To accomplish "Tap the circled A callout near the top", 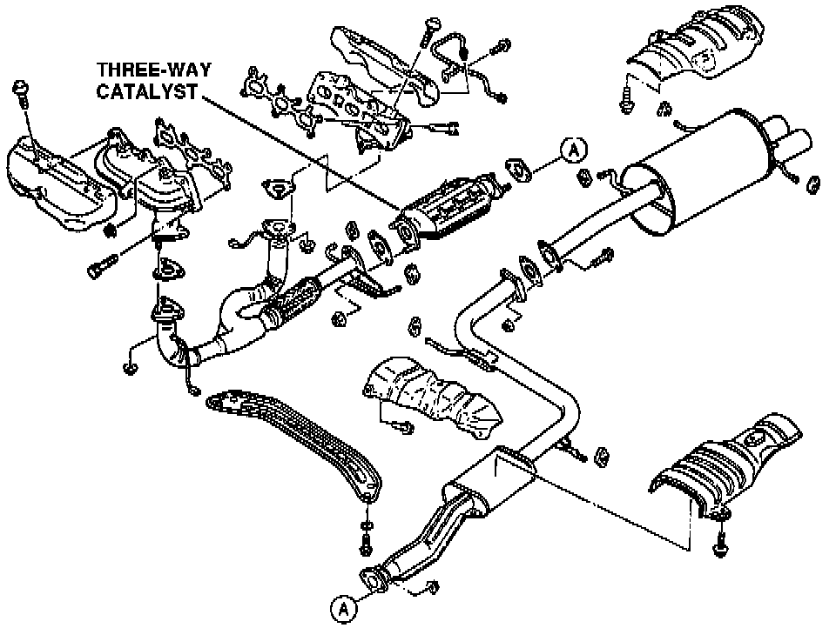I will [x=572, y=150].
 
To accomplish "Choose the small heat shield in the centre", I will [x=431, y=397].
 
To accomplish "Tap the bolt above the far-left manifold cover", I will [x=22, y=90].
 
